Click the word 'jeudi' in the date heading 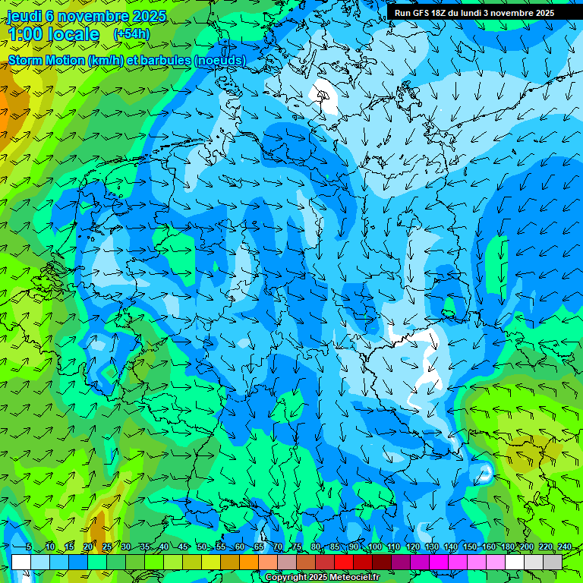tap(24, 16)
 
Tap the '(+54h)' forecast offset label tap(131, 34)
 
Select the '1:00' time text tap(24, 34)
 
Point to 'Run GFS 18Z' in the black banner tap(421, 12)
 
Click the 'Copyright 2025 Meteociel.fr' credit tap(323, 578)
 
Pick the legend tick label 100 tap(374, 547)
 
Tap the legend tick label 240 tap(564, 547)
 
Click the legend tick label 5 tap(29, 547)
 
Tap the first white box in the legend tap(21, 562)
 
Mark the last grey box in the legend tap(553, 562)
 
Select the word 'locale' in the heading tap(74, 34)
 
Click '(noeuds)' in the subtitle tap(220, 60)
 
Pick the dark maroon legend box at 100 tap(382, 562)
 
